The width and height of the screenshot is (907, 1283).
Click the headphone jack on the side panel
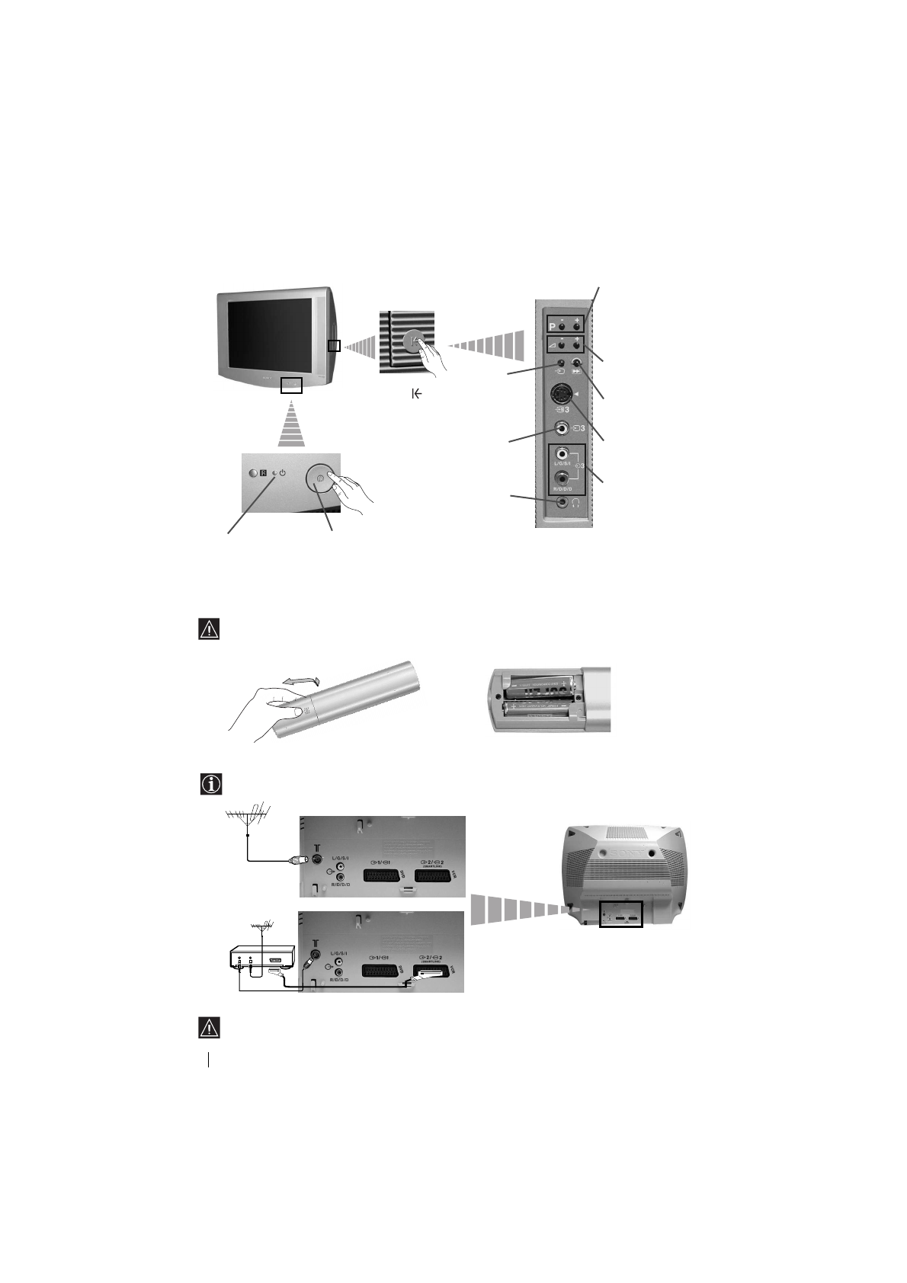point(562,503)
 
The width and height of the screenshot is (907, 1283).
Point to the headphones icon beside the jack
point(576,504)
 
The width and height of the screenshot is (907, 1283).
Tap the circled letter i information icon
point(210,785)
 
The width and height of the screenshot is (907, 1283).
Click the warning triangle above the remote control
point(209,629)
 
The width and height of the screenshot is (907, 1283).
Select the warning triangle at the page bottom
point(209,1028)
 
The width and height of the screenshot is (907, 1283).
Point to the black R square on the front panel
point(264,472)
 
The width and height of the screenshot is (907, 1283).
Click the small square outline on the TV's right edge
point(334,346)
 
